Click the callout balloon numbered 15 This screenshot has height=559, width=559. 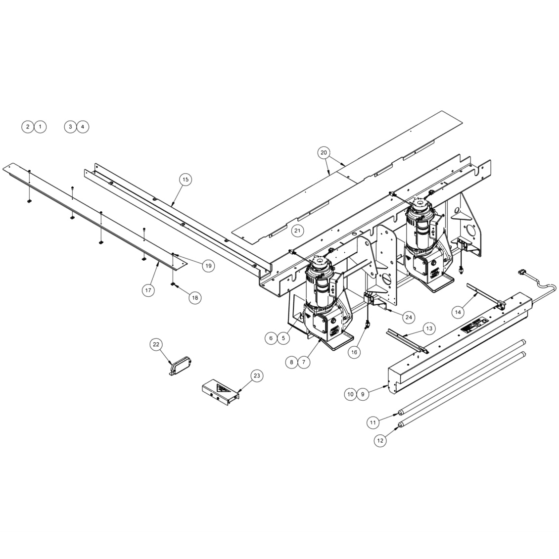click(x=186, y=180)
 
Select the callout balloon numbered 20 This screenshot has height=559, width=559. click(x=324, y=152)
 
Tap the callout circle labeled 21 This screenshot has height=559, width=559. click(x=297, y=231)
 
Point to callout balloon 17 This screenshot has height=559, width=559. click(x=148, y=290)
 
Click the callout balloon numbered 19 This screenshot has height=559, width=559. click(x=208, y=266)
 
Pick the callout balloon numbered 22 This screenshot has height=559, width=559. click(x=156, y=345)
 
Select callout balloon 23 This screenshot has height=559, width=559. click(x=256, y=376)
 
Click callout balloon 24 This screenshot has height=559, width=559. click(x=408, y=317)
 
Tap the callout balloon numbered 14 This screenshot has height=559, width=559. click(x=458, y=312)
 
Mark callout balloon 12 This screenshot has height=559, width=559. click(x=380, y=440)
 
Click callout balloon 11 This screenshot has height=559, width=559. click(x=373, y=422)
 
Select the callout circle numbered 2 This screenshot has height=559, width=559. click(x=28, y=127)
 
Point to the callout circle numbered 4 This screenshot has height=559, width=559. click(x=83, y=127)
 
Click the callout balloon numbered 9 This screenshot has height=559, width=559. click(x=363, y=394)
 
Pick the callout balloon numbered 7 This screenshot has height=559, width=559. click(x=303, y=362)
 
